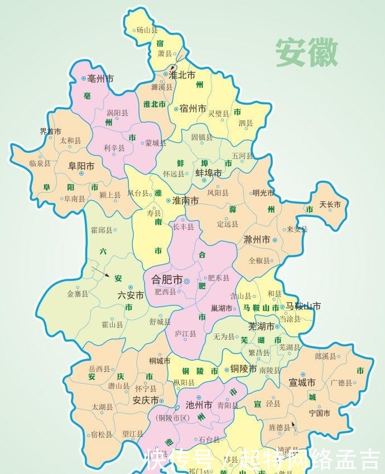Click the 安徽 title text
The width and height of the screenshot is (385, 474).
[x=306, y=54]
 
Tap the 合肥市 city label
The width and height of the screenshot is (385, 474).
[x=162, y=280]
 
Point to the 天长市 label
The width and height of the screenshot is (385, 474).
[x=330, y=205]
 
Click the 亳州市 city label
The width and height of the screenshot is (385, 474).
[x=100, y=79]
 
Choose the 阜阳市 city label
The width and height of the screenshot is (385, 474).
[x=81, y=166]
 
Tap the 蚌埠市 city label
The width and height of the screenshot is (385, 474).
[x=208, y=173]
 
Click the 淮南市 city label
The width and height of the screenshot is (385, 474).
[x=186, y=200]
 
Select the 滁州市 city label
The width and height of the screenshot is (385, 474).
[x=257, y=240]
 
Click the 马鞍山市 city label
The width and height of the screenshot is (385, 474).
[x=303, y=306]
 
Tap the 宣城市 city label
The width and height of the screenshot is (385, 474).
[x=302, y=383]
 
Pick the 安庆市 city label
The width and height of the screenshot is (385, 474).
[x=146, y=400]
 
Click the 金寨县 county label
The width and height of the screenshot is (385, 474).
[x=78, y=294]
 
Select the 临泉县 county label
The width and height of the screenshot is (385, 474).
[x=40, y=163]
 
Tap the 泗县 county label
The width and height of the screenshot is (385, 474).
[x=246, y=123]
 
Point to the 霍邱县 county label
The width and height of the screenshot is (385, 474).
[x=101, y=229]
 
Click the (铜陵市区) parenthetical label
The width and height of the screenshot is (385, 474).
[x=174, y=418]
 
